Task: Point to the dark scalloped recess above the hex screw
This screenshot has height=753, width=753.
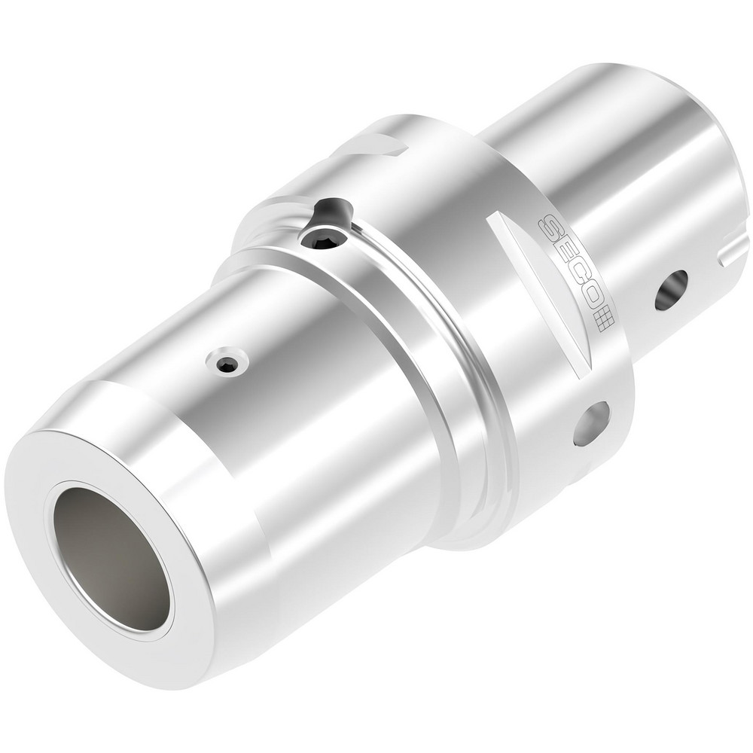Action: coord(331,212)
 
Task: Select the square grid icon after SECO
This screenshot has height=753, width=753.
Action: coord(605,323)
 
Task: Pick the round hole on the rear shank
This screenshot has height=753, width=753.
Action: coord(671,290)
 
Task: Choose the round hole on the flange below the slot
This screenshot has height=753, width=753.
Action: coord(591,423)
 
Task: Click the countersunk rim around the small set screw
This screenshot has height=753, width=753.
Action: coord(227,355)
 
